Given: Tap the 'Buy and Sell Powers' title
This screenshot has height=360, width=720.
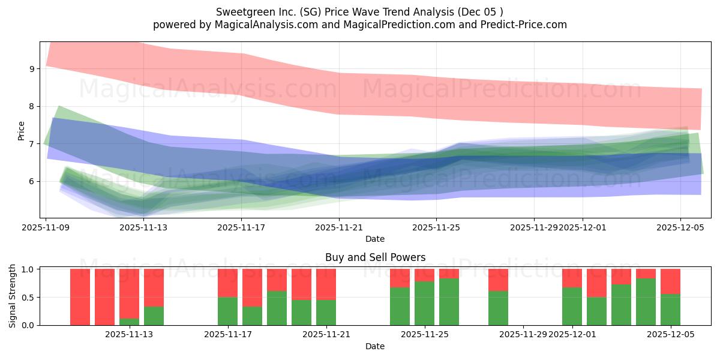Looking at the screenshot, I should [375, 257].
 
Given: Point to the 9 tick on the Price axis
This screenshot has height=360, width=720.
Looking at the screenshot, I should [34, 69].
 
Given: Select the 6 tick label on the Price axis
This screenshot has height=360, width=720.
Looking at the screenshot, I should [34, 181].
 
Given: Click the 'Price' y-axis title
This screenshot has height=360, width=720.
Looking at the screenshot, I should [22, 131].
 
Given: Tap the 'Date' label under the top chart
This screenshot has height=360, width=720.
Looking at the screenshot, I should [375, 239].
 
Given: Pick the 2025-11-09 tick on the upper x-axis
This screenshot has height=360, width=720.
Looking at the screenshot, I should [46, 227].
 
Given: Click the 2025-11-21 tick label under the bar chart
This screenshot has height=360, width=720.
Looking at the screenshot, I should [326, 334].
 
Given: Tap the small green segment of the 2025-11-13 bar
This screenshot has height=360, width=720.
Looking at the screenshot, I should [129, 322].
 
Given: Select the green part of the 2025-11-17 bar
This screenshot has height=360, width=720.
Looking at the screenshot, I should [227, 311].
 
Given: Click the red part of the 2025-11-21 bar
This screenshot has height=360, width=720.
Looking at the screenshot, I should [326, 284].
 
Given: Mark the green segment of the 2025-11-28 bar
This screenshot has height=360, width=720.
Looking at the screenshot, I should [498, 308].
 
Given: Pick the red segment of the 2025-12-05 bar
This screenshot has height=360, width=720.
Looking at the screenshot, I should [670, 281].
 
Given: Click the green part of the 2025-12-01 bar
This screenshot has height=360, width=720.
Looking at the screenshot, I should [572, 306].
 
